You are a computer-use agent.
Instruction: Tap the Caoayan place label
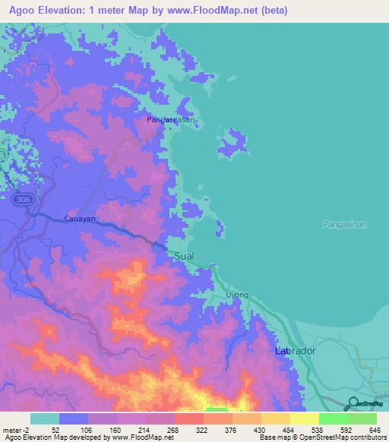tap(80, 218)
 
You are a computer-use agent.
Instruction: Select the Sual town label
tap(185, 257)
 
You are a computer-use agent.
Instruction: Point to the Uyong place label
tap(237, 295)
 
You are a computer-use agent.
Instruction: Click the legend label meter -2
tap(15, 429)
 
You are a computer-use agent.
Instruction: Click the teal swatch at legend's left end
tap(45, 418)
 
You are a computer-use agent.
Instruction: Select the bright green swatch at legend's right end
tap(362, 418)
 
